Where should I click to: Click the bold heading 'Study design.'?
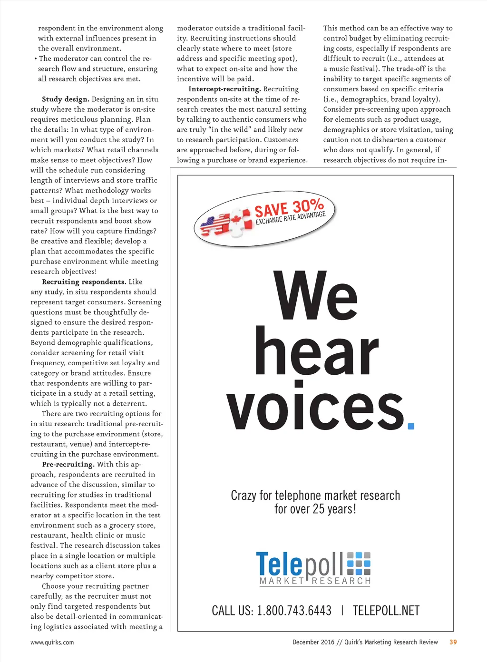point(66,99)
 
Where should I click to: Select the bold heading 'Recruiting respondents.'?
point(84,282)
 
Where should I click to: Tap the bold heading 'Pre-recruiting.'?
point(68,465)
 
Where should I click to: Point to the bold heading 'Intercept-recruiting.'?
point(224,89)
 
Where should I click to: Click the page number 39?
point(453,642)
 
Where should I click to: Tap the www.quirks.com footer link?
point(52,643)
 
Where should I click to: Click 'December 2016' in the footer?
point(313,642)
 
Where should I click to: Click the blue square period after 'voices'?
point(411,426)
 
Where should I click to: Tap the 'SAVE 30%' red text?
point(289,208)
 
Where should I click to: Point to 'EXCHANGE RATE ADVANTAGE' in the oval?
point(291,218)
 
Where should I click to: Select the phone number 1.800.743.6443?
point(294,611)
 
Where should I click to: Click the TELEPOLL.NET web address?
point(386,611)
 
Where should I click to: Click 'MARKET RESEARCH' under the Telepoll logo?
point(315,581)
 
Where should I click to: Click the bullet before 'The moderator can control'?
point(36,59)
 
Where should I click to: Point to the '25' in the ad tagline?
point(318,509)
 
